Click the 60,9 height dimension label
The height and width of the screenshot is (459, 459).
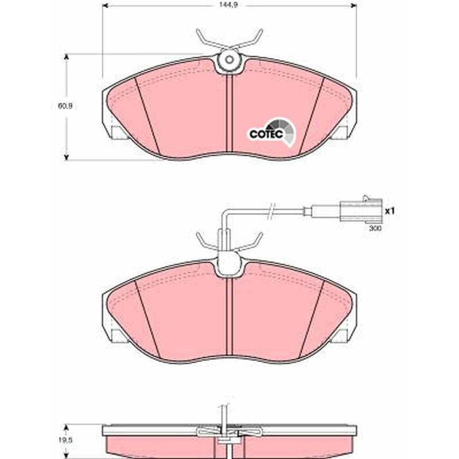(65, 106)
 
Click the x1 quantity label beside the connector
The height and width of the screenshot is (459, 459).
(390, 211)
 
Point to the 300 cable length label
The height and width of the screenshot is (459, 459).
(375, 228)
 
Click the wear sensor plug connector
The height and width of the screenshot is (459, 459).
(361, 210)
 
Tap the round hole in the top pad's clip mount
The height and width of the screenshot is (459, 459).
(229, 60)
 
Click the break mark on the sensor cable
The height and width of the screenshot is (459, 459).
(271, 211)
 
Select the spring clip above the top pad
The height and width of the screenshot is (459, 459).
(229, 40)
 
